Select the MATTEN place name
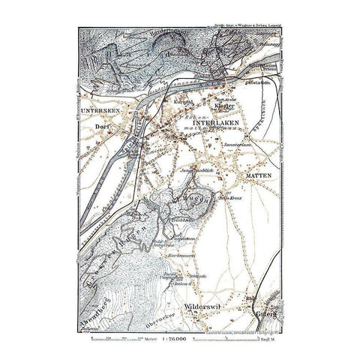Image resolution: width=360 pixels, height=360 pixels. [259, 174]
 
